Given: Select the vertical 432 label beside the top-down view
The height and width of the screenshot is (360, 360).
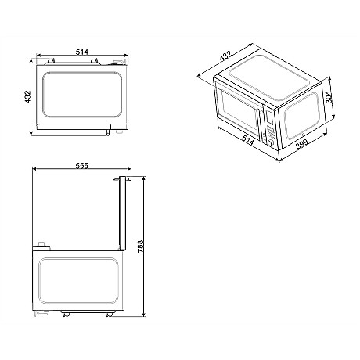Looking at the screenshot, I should (x=28, y=97).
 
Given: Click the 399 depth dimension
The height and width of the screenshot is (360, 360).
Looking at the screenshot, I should (x=301, y=144).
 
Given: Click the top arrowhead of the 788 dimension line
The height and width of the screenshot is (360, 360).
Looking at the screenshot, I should (x=143, y=177).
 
